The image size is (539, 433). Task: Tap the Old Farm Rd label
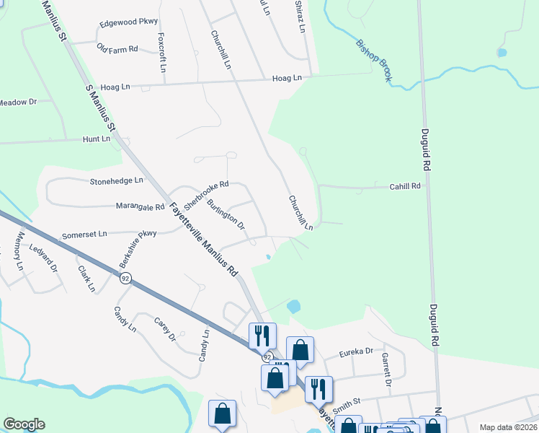pyautogui.click(x=117, y=48)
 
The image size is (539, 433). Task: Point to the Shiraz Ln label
pyautogui.click(x=300, y=17)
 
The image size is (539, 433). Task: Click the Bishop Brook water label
pyautogui.click(x=374, y=61)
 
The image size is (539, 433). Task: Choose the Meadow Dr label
pyautogui.click(x=18, y=102)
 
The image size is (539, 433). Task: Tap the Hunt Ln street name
pyautogui.click(x=97, y=139)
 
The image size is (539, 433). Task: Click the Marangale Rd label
pyautogui.click(x=140, y=206)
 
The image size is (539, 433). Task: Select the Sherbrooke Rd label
pyautogui.click(x=206, y=191)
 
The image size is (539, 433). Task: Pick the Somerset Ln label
pyautogui.click(x=84, y=234)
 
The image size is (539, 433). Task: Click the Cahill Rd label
pyautogui.click(x=404, y=185)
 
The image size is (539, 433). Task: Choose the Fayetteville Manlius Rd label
pyautogui.click(x=204, y=240)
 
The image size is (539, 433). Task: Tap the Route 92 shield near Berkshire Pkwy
pyautogui.click(x=125, y=279)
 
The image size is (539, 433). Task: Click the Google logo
pyautogui.click(x=24, y=424)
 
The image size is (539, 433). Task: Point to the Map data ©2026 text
pyautogui.click(x=508, y=427)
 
